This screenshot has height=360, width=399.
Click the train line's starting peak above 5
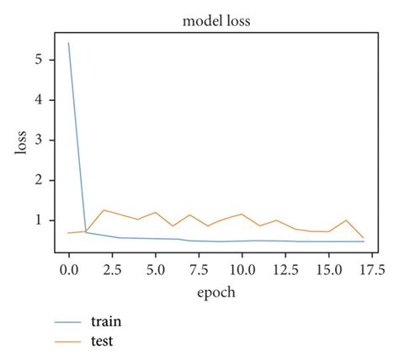pyautogui.click(x=68, y=43)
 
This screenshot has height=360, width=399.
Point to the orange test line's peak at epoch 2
pyautogui.click(x=103, y=210)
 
